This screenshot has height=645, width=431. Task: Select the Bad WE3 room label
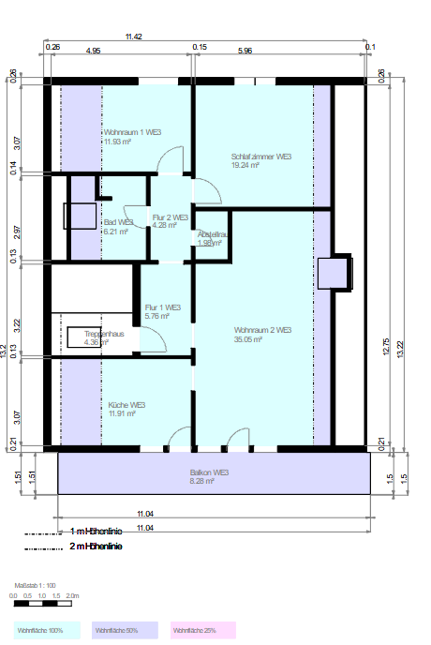click(118, 222)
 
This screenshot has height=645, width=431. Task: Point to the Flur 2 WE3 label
click(171, 217)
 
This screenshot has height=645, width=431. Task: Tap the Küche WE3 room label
click(126, 404)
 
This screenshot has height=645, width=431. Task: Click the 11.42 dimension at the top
click(134, 37)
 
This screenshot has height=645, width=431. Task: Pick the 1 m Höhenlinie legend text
click(97, 531)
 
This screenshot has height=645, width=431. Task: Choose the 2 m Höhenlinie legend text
click(97, 545)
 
